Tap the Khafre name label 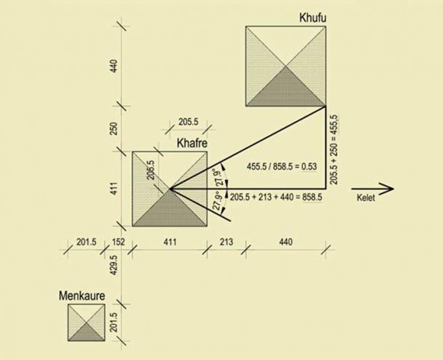(192, 144)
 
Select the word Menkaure (84, 295)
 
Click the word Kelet (367, 199)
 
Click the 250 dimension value (113, 128)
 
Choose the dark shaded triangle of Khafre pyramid (169, 210)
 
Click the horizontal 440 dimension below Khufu (285, 241)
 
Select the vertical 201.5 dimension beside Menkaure (113, 323)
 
